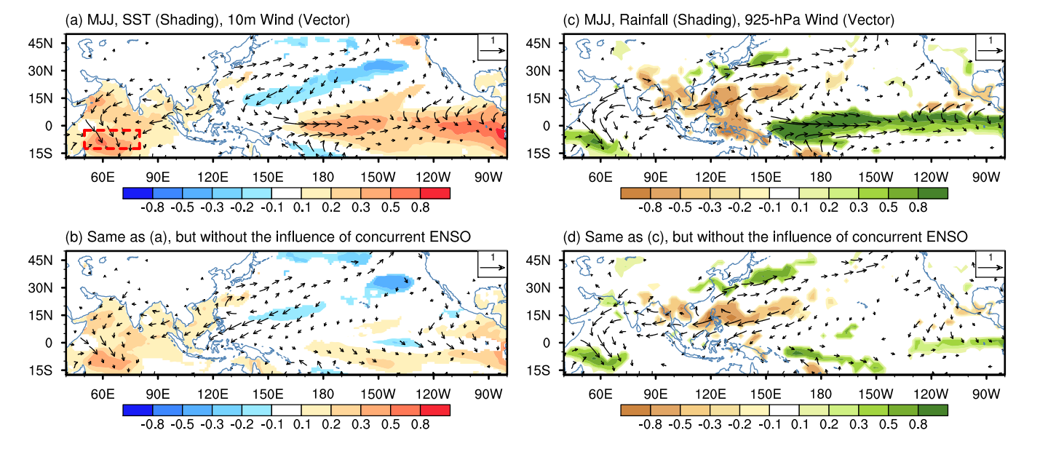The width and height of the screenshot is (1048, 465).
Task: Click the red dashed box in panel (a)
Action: pos(111,139)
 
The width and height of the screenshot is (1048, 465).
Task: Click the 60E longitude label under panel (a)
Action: pos(103,178)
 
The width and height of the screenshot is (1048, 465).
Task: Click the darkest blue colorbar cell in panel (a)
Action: pos(138,193)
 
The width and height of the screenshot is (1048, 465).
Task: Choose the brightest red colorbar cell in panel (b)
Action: pos(434,410)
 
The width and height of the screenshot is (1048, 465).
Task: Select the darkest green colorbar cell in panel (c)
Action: pos(932,193)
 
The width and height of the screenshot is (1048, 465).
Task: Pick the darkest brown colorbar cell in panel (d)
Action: pos(635,410)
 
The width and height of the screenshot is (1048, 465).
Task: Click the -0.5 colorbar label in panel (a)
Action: pos(182,207)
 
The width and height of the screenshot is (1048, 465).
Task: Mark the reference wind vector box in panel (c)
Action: pos(990,46)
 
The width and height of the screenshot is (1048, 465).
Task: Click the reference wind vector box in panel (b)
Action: pos(492,263)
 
